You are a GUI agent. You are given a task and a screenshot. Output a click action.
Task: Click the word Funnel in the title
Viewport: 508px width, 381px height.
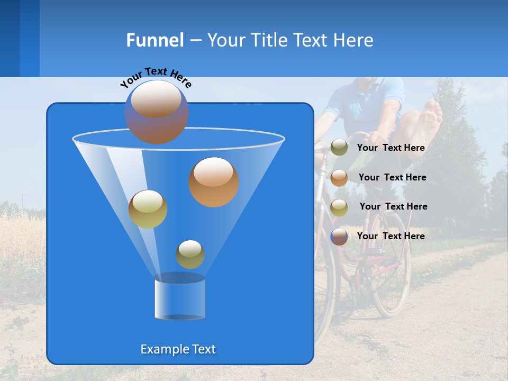155,40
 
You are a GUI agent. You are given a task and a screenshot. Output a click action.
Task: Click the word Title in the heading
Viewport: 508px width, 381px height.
269,40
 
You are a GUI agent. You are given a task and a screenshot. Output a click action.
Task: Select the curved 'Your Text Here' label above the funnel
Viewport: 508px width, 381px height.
156,77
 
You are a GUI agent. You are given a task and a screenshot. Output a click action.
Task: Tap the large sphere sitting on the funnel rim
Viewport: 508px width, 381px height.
157,112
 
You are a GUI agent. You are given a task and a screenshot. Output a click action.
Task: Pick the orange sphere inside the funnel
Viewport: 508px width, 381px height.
214,182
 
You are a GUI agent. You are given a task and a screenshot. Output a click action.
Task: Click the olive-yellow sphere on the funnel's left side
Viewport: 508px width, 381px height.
148,209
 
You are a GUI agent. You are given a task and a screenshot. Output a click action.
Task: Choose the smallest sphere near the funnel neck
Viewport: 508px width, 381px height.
190,254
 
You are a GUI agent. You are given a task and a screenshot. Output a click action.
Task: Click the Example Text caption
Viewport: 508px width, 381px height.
178,349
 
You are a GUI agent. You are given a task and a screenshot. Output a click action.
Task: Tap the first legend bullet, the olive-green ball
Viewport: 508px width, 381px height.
339,148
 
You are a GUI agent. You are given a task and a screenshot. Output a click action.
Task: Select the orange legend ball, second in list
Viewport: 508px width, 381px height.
339,177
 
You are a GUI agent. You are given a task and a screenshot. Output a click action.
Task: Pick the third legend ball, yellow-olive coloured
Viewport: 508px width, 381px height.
339,207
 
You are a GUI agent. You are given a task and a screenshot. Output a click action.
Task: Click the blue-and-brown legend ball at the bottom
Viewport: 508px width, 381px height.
339,236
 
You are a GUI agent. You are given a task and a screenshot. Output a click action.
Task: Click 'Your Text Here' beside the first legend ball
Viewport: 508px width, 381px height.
391,148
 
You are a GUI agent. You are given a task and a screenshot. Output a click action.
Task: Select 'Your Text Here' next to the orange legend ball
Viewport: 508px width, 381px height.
392,178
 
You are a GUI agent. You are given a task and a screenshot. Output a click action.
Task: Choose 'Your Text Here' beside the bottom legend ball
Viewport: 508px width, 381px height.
391,236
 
